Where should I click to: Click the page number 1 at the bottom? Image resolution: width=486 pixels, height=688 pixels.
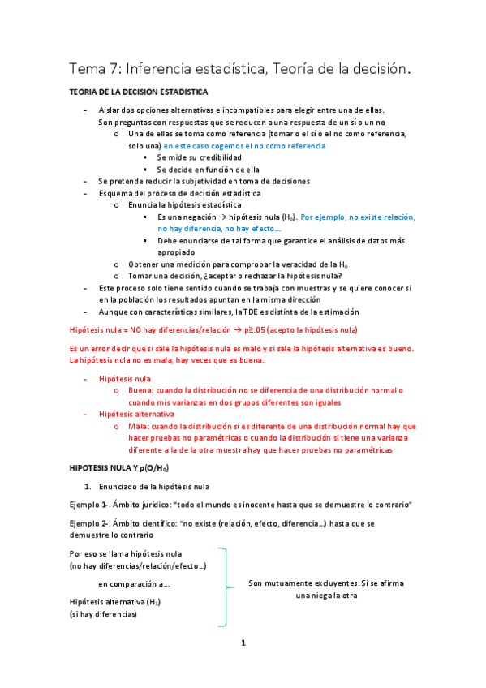click(x=243, y=643)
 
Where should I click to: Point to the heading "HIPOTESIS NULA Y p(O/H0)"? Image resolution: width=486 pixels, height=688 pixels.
click(x=120, y=468)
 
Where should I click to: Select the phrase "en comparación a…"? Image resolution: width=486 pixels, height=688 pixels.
click(x=134, y=583)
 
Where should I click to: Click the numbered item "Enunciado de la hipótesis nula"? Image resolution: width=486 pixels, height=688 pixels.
click(x=153, y=486)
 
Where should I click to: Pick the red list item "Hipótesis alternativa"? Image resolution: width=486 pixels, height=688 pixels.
click(x=136, y=413)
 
